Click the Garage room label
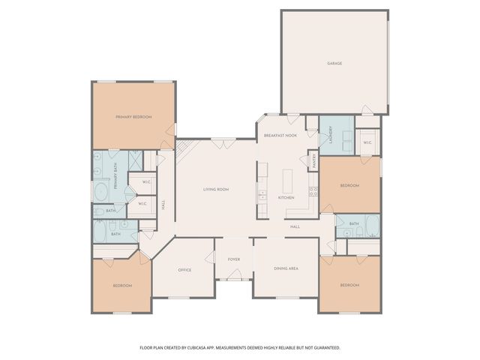[334, 63]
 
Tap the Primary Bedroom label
[133, 117]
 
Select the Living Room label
[216, 190]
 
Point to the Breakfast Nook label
[280, 135]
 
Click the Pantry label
[314, 160]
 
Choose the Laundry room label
[330, 135]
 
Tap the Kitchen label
[286, 198]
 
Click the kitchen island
[287, 181]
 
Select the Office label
[184, 270]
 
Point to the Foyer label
[234, 259]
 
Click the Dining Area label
[286, 268]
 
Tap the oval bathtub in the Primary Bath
[101, 192]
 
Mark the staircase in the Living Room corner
[185, 150]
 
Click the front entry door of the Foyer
[235, 274]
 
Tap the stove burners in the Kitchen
[313, 192]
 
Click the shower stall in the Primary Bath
[135, 160]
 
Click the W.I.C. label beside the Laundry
[367, 142]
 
